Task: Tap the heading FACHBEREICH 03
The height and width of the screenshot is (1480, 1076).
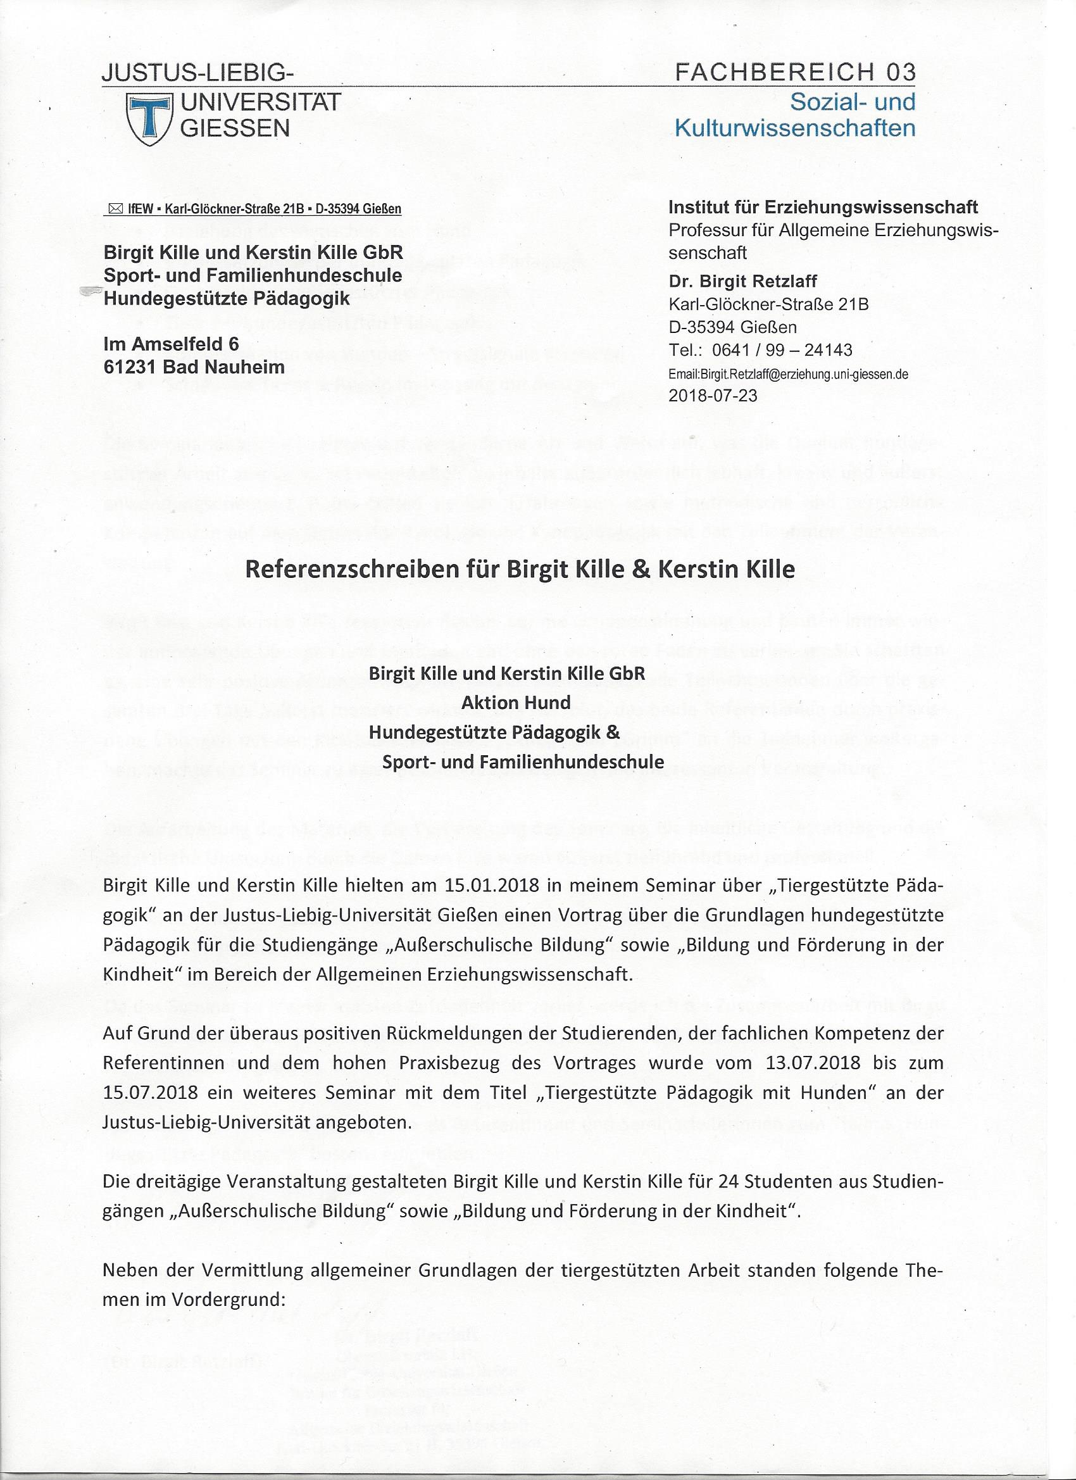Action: pos(796,72)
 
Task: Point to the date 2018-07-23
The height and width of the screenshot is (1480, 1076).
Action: pos(713,395)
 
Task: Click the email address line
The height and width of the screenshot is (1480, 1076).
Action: pos(788,375)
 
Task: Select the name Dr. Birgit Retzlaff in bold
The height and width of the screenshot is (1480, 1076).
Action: pos(742,281)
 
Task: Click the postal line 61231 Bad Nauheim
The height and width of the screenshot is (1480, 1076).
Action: pos(194,367)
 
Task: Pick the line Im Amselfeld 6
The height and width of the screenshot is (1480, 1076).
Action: pos(171,344)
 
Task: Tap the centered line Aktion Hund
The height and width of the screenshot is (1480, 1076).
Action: pos(516,702)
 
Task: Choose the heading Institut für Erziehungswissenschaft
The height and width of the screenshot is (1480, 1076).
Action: pos(823,208)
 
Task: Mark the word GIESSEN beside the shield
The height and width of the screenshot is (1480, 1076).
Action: pos(235,128)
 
